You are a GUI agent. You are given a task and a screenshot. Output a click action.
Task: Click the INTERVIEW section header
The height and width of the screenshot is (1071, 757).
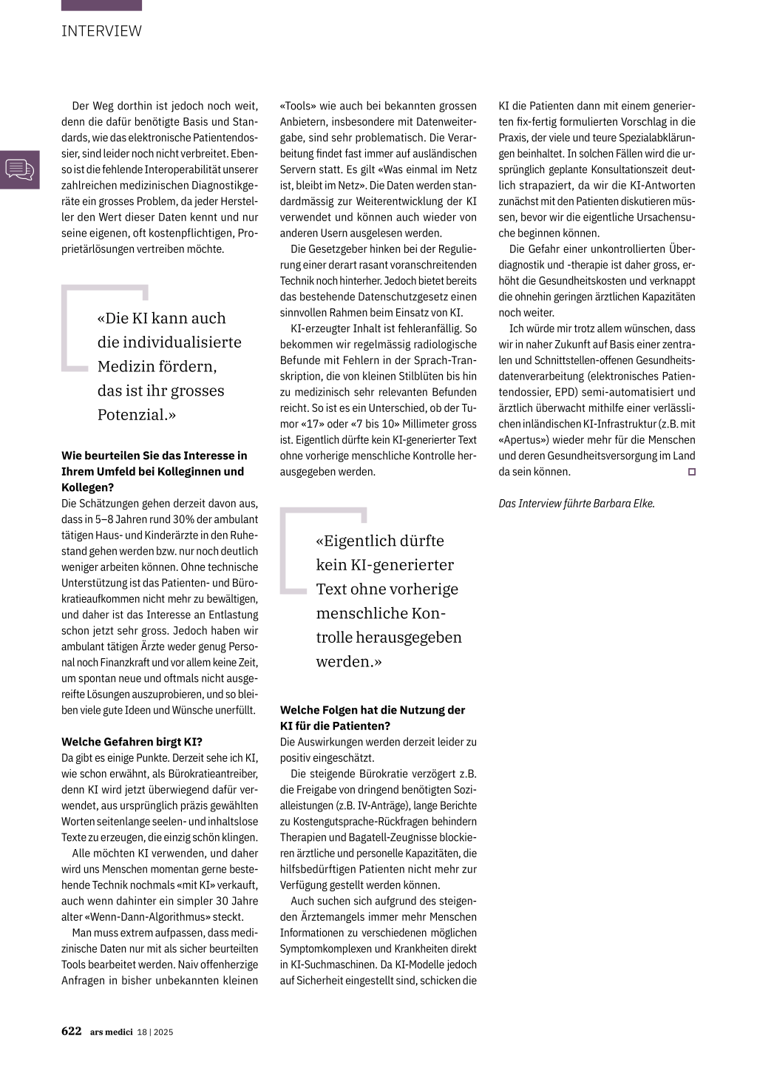tap(101, 31)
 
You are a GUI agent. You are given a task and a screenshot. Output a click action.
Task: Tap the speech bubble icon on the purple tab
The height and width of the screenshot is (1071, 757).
tap(20, 169)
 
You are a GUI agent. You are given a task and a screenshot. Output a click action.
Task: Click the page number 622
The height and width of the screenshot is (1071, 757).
tap(71, 1031)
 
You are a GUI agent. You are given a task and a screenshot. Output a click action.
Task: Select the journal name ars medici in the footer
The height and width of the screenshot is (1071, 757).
tap(112, 1032)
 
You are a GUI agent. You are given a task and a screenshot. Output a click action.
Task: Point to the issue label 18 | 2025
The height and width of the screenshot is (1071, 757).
tap(155, 1032)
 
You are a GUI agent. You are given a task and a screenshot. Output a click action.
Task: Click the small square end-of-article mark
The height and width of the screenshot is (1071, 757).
tap(691, 472)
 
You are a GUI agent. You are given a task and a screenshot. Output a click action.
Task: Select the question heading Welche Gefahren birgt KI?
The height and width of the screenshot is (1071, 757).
tap(132, 742)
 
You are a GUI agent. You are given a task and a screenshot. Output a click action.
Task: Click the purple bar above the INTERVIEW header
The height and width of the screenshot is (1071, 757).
tap(101, 5)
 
